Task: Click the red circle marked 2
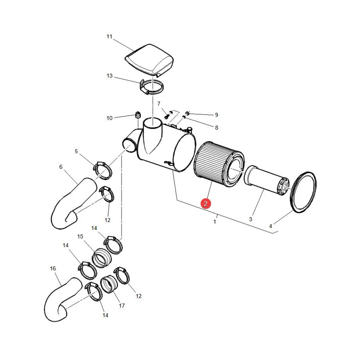tap(206, 204)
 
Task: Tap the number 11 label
tap(110, 36)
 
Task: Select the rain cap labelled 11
tap(149, 60)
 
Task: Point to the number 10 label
tap(110, 118)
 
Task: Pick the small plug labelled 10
tap(138, 114)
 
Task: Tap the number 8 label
tap(216, 128)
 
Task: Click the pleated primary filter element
tap(219, 164)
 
